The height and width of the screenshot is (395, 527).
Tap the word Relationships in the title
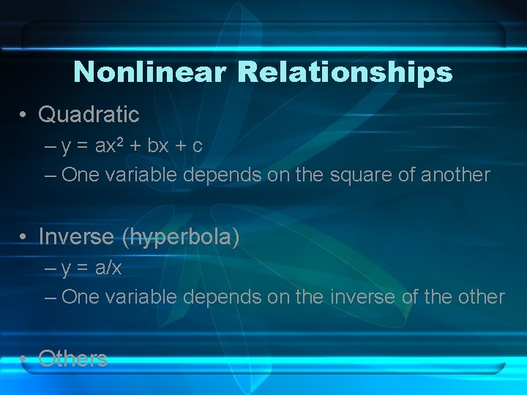[345, 72]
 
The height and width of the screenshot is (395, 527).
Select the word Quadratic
[89, 114]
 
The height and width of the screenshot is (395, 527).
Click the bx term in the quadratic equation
[158, 145]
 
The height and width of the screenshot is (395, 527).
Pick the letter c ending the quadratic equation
[197, 146]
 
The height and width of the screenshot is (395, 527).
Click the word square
[345, 176]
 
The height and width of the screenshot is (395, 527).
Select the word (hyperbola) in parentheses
[180, 237]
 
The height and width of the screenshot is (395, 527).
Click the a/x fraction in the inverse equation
[108, 268]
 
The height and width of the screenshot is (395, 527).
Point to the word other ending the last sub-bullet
[479, 297]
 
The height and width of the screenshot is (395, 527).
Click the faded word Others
[73, 358]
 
